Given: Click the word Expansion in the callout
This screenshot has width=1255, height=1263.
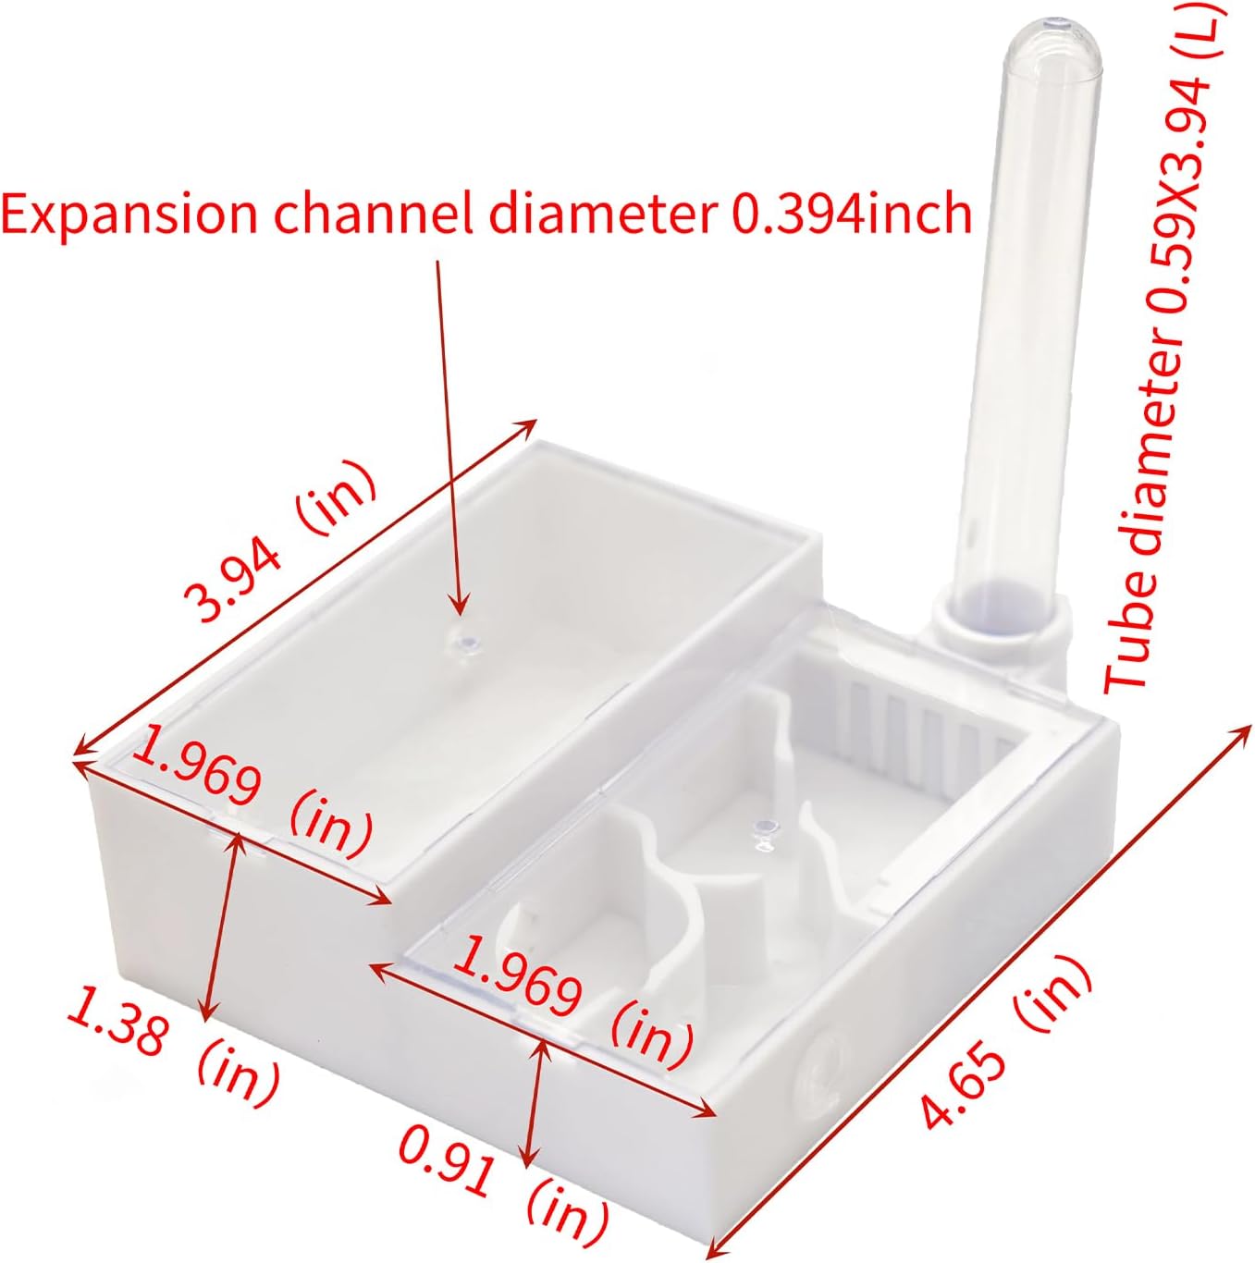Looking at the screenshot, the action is point(129,215).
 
